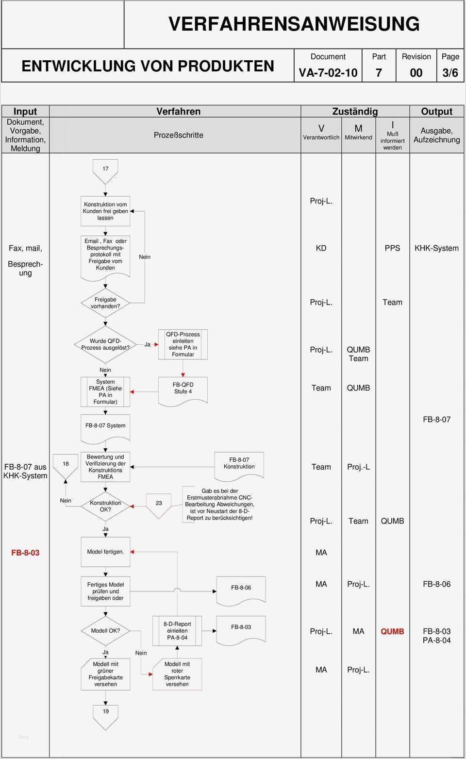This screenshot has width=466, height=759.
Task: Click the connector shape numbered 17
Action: pos(105,170)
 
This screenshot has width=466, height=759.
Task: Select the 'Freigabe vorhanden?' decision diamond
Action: pos(105,303)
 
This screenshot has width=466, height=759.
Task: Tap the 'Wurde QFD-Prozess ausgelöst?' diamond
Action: pos(105,344)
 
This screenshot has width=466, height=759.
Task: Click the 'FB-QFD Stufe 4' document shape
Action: pos(183,389)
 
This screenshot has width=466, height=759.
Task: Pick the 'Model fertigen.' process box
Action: pos(105,552)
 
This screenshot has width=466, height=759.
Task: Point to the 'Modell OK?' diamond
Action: pos(105,631)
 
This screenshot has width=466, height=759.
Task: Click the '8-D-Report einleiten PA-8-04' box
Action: pos(177,631)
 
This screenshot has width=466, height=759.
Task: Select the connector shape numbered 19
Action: pos(105,714)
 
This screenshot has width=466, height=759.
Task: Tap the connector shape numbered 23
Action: pos(159,505)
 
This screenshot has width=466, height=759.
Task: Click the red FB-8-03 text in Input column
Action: pos(25,553)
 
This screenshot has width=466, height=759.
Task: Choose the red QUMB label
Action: pos(392,631)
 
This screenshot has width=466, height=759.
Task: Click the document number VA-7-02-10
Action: pos(328,73)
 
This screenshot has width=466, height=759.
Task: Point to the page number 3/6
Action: pos(450,73)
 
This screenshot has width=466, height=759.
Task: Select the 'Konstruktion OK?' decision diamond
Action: pos(105,506)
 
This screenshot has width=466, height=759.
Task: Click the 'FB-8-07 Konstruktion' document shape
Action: pos(239,464)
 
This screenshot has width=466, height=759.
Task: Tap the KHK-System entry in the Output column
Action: pos(436,248)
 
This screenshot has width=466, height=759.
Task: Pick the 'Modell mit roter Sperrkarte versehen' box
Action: pos(177,674)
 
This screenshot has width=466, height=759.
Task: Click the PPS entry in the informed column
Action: pos(392,248)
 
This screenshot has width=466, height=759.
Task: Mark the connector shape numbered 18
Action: pos(66,466)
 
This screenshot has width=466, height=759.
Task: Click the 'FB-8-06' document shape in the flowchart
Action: pos(241,589)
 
